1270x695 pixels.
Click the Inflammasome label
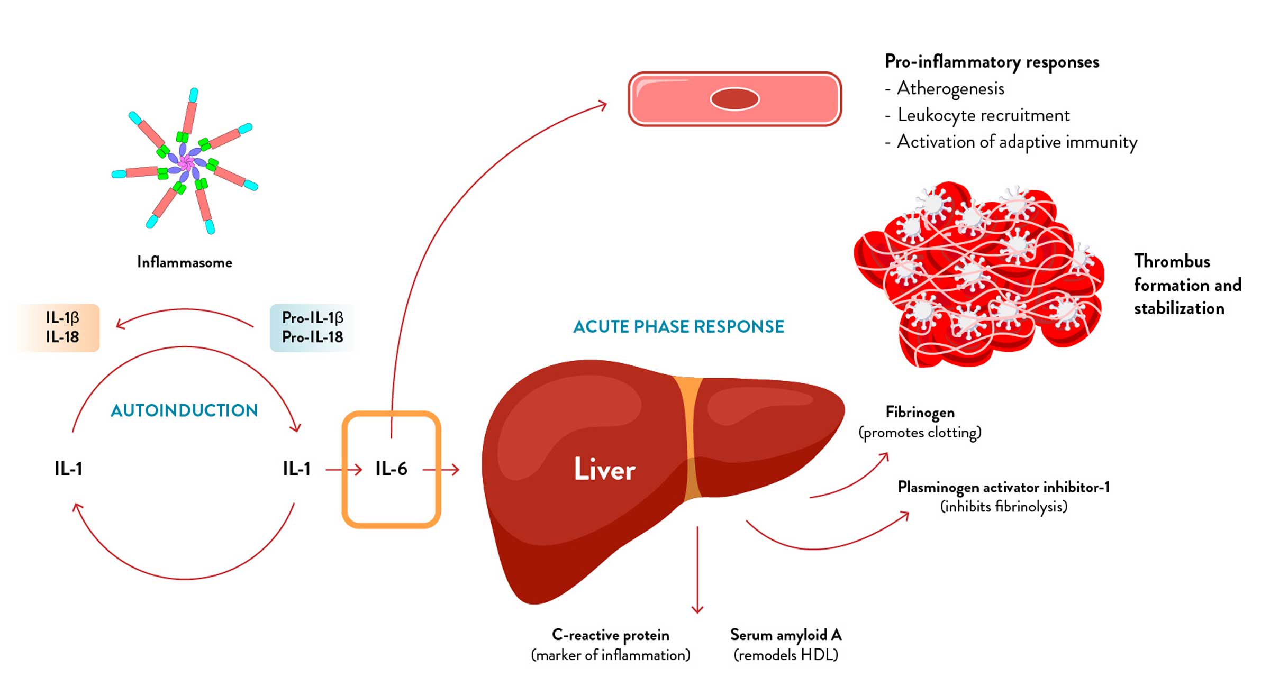[184, 262]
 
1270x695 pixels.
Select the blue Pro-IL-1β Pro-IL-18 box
[312, 327]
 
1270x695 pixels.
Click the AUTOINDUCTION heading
[184, 410]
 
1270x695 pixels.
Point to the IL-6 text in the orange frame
[391, 469]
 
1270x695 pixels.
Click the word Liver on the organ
[604, 469]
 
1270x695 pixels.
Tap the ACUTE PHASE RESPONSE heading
[678, 327]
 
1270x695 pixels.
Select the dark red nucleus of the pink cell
[734, 99]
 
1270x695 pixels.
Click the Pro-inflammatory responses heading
[992, 62]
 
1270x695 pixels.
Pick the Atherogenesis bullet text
[950, 88]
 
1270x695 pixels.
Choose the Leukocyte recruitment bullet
[983, 115]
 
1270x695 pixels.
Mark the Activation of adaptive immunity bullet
[1017, 142]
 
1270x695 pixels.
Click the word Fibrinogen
[920, 413]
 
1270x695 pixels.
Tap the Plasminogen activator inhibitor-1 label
[1003, 487]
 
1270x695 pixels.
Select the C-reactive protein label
[610, 635]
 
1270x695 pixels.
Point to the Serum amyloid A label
[786, 635]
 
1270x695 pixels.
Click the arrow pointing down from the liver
[697, 571]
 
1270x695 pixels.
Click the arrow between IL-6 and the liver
[441, 469]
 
